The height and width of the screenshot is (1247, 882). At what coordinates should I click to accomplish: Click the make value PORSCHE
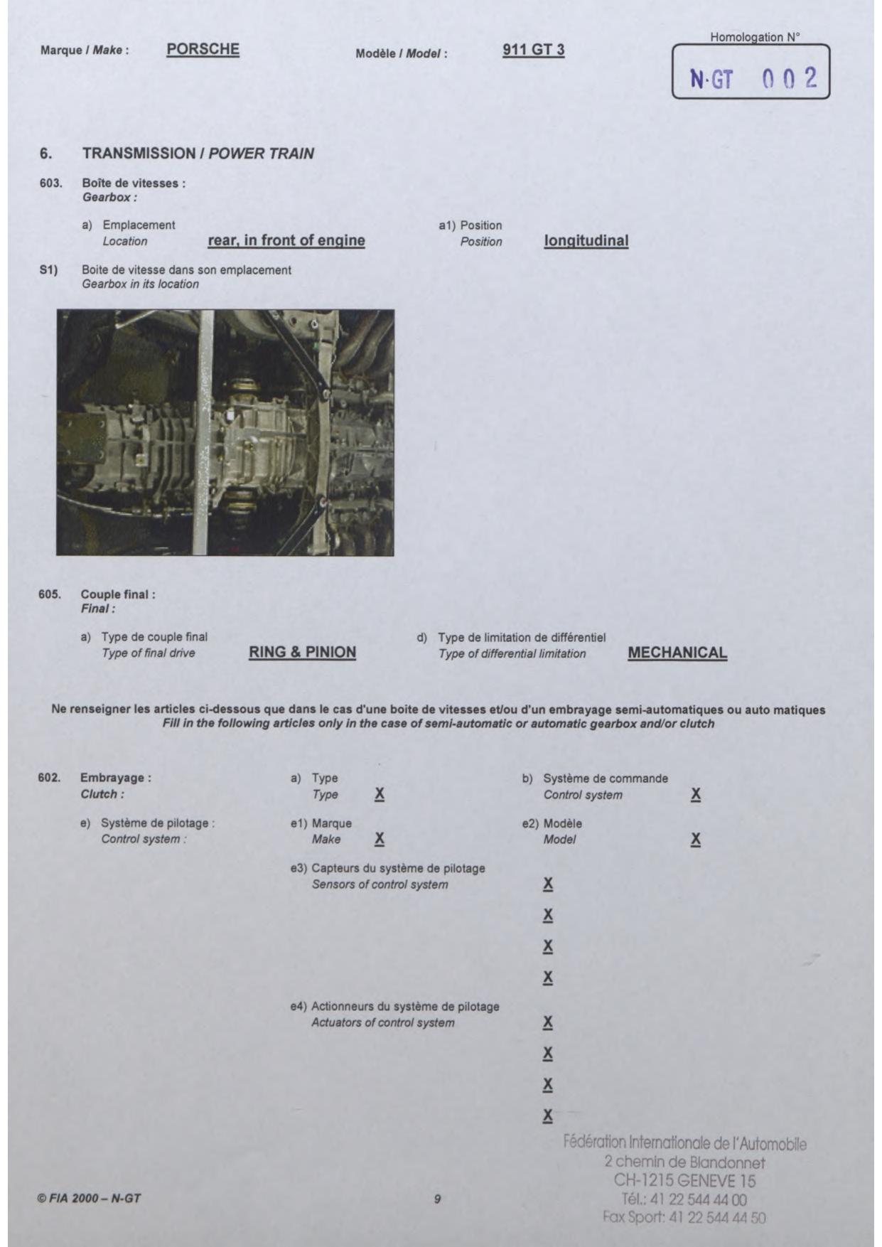pyautogui.click(x=203, y=49)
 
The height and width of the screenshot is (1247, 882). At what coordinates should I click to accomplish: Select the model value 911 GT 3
pyautogui.click(x=533, y=50)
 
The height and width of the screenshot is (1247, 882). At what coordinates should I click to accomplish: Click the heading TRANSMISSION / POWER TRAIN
pyautogui.click(x=198, y=154)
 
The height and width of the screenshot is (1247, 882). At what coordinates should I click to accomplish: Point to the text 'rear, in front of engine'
pyautogui.click(x=286, y=240)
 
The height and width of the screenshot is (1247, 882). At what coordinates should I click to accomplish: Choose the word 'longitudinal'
pyautogui.click(x=586, y=240)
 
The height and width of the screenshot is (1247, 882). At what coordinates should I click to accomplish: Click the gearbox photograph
pyautogui.click(x=225, y=432)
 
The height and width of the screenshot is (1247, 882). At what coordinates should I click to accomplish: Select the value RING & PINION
pyautogui.click(x=302, y=652)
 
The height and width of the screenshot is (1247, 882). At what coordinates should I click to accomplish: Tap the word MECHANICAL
pyautogui.click(x=677, y=653)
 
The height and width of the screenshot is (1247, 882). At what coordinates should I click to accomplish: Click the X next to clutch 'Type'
pyautogui.click(x=380, y=794)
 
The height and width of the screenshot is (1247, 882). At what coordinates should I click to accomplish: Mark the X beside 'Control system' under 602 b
pyautogui.click(x=696, y=794)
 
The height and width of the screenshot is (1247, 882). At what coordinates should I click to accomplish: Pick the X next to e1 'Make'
pyautogui.click(x=380, y=839)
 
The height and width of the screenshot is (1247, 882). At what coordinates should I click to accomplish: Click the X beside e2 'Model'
pyautogui.click(x=696, y=839)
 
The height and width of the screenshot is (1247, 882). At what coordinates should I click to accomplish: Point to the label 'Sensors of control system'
pyautogui.click(x=380, y=884)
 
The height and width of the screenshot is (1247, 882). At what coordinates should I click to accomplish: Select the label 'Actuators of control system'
pyautogui.click(x=382, y=1022)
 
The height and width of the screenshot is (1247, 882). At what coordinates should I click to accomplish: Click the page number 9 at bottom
pyautogui.click(x=437, y=1199)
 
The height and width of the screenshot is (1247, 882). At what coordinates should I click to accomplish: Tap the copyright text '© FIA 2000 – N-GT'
pyautogui.click(x=89, y=1198)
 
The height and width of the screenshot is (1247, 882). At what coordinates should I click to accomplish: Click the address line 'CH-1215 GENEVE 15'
pyautogui.click(x=684, y=1181)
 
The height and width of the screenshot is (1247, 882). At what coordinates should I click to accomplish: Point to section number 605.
pyautogui.click(x=49, y=594)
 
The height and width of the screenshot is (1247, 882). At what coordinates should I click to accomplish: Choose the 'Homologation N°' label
pyautogui.click(x=754, y=37)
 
